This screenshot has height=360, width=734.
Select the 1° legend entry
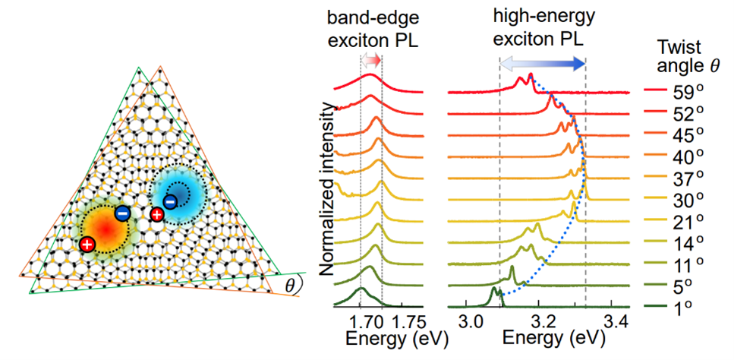tap(685, 308)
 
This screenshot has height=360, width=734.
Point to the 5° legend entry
tap(685, 287)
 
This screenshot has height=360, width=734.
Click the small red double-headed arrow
tap(371, 60)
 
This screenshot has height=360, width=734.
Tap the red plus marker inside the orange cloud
tap(87, 244)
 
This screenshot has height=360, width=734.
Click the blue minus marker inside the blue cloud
tap(171, 201)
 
